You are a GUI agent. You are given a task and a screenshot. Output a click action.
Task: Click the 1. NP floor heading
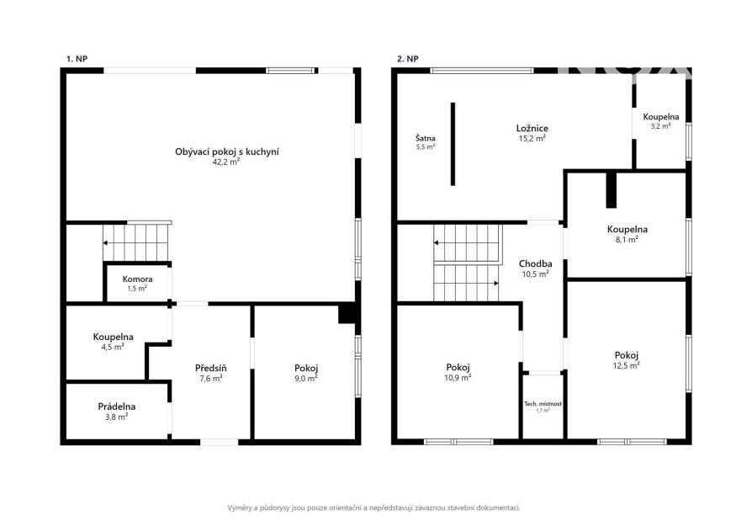click(77, 59)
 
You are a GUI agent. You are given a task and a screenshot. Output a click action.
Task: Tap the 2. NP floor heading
click(408, 59)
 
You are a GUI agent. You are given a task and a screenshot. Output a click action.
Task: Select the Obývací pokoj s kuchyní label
click(227, 151)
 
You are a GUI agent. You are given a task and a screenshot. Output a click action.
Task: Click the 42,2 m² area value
click(226, 162)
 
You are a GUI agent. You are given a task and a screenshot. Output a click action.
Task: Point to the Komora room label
click(138, 279)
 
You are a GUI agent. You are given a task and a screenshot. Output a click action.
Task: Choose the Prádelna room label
click(117, 406)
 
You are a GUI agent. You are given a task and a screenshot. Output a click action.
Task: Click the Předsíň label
click(210, 368)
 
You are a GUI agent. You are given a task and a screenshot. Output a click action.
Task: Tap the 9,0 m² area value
click(306, 379)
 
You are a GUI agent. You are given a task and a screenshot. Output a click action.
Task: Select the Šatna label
click(426, 138)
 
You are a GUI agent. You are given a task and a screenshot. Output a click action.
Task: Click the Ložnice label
click(532, 128)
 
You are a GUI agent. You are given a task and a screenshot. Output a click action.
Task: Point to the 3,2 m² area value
click(661, 126)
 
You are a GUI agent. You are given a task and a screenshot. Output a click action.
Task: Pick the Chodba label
click(535, 263)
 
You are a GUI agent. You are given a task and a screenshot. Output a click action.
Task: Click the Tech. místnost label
click(543, 404)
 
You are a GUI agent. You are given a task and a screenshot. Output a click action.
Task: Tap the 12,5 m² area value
click(627, 366)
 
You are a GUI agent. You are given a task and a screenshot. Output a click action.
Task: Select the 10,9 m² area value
click(458, 378)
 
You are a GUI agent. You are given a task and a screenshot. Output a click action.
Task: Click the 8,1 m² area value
click(627, 240)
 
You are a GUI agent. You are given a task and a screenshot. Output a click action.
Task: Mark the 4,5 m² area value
click(113, 347)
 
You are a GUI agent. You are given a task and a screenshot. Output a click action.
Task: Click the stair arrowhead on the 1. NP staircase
click(105, 243)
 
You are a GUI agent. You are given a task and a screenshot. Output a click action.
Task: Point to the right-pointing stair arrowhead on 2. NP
click(496, 284)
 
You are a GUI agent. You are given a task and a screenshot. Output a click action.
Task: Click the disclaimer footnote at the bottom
click(374, 507)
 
